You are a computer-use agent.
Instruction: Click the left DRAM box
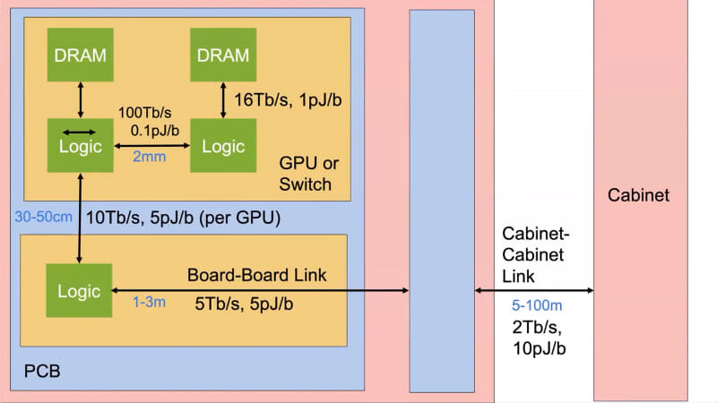point(81,55)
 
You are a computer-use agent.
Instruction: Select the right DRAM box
point(223,55)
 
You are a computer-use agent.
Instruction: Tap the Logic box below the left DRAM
point(81,145)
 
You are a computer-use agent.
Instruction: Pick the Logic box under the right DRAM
point(223,145)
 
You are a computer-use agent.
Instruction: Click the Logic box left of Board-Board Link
point(81,291)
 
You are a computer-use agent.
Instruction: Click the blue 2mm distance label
point(150,157)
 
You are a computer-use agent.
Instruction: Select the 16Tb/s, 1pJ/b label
point(287,98)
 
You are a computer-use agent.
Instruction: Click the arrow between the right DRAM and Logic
point(223,101)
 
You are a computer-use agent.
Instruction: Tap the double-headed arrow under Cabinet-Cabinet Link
point(534,290)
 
